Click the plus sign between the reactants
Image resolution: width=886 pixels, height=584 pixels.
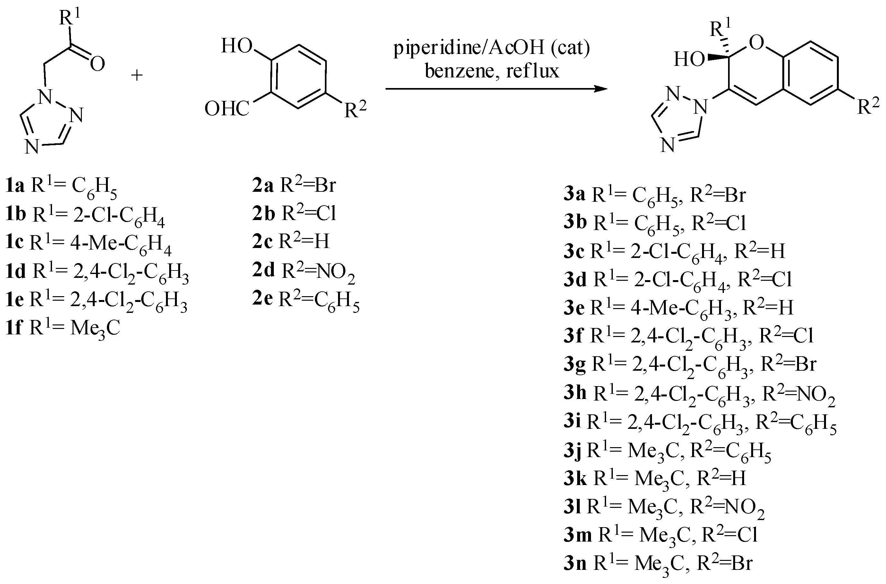point(137,75)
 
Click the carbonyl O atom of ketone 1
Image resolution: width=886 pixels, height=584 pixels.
point(98,64)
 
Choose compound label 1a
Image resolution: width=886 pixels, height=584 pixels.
point(15,185)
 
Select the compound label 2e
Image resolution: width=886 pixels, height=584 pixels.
point(263,299)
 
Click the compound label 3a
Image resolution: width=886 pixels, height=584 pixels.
point(574,194)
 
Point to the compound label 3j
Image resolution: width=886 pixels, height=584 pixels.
point(573,450)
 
